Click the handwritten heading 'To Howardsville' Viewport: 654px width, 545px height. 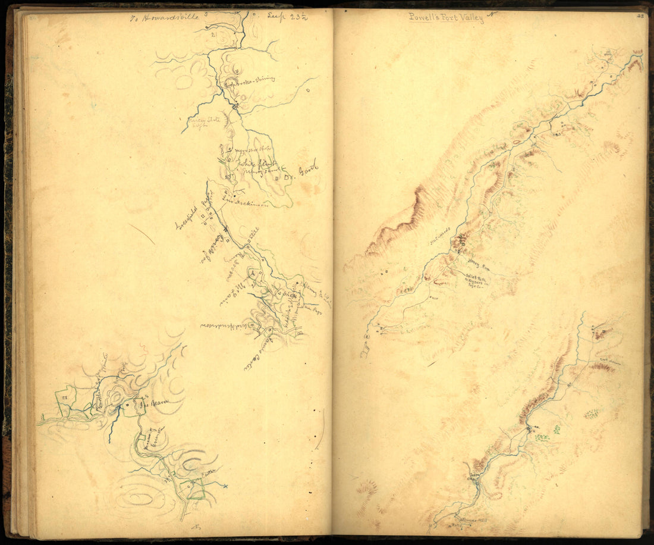[159, 18]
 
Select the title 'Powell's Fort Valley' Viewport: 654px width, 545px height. [446, 18]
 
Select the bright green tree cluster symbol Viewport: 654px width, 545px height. [542, 438]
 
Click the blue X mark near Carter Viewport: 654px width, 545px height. [225, 486]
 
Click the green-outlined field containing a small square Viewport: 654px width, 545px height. [64, 402]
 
